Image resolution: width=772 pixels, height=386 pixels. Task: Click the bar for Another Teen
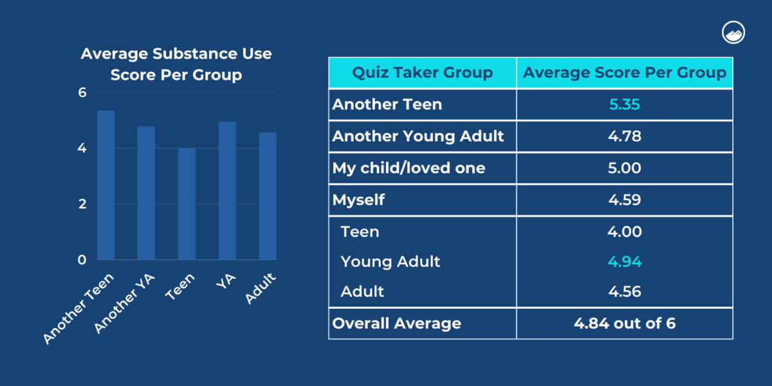coord(106,185)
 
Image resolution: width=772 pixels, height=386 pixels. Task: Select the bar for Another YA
coord(146,193)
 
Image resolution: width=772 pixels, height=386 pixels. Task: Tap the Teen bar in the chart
coord(187,204)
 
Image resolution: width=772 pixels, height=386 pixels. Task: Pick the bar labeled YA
coord(227,190)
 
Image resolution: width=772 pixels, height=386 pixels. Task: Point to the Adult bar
coord(268,196)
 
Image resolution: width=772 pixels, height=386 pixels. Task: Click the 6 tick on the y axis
coord(82,93)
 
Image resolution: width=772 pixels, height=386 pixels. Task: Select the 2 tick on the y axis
coord(82,204)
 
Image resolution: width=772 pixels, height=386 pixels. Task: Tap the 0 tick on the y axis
coord(82,260)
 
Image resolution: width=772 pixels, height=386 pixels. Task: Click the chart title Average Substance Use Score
coord(176,64)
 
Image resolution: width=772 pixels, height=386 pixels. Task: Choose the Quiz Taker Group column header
coord(422,73)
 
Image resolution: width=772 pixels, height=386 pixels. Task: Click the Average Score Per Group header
coord(624,73)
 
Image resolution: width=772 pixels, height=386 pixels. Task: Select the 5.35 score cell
coord(624,104)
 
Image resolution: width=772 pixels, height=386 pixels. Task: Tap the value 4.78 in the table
coord(624,136)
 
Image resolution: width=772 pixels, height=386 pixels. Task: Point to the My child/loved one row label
coord(409,169)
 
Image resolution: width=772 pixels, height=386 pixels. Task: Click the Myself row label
coord(358,200)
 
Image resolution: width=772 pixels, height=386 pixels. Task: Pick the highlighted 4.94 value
coord(624,262)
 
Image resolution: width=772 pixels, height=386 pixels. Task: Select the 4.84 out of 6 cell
coord(624,323)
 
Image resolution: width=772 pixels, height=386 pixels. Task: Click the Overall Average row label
coord(396,323)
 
